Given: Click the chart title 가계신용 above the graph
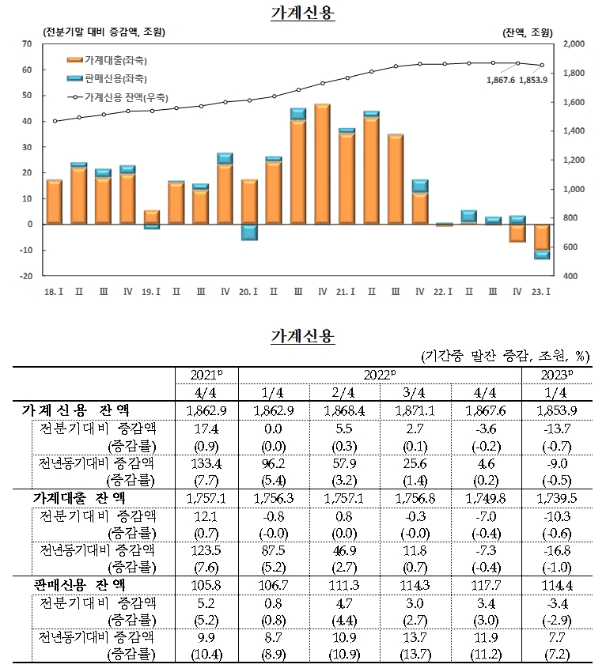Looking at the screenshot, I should point(303,13).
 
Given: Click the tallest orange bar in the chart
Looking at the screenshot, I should point(322,164).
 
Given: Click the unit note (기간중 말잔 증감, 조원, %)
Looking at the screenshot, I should point(506,357).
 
